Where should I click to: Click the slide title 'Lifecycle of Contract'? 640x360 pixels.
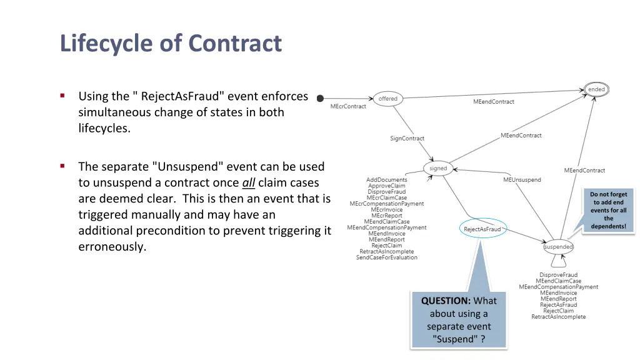[171, 44]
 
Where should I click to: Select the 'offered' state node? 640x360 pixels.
[387, 99]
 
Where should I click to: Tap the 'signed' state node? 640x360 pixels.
[438, 168]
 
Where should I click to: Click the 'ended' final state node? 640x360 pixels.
[596, 89]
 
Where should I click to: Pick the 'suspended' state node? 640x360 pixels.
[558, 247]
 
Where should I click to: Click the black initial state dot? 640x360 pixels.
[321, 98]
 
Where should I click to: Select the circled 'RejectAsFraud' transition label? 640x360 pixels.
[482, 229]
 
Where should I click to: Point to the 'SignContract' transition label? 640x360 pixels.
[407, 138]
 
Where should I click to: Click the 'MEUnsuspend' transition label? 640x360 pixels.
[522, 180]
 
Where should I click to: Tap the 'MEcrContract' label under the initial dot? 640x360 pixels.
[348, 106]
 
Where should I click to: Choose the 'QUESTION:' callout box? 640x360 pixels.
[459, 319]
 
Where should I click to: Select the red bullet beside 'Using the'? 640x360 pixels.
[62, 96]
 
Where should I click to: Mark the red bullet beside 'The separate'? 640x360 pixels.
[62, 166]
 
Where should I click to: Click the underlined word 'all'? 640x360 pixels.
[248, 182]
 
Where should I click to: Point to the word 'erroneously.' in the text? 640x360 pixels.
[112, 246]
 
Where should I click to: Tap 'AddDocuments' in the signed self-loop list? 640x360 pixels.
[386, 180]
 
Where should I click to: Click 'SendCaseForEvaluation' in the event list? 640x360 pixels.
[386, 257]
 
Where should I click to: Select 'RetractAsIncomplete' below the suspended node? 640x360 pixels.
[558, 317]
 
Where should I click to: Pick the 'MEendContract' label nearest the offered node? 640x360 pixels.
[494, 101]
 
